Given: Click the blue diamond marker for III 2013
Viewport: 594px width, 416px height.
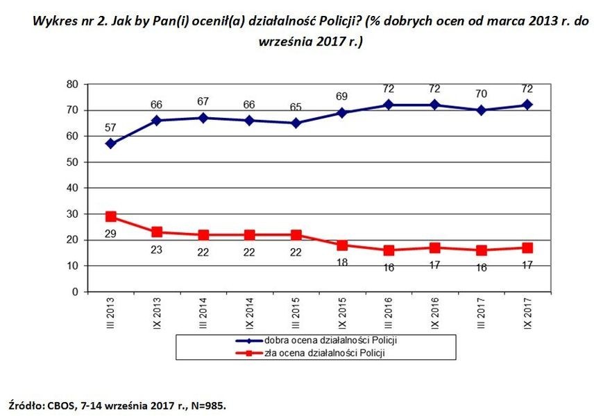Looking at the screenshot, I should click(x=110, y=144).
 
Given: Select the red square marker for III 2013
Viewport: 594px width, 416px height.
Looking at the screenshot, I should click(x=110, y=216).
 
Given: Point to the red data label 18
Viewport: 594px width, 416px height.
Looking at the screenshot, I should click(x=342, y=262).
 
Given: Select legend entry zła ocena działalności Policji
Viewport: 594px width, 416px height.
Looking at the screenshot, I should click(x=324, y=353).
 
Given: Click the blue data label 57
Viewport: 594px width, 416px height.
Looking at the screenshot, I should click(x=110, y=128).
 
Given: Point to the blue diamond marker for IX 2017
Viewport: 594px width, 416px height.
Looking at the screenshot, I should click(x=528, y=105).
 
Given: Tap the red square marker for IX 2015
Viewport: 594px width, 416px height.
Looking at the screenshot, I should click(x=343, y=245).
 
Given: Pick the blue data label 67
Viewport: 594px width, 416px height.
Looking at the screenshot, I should click(x=203, y=102).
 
